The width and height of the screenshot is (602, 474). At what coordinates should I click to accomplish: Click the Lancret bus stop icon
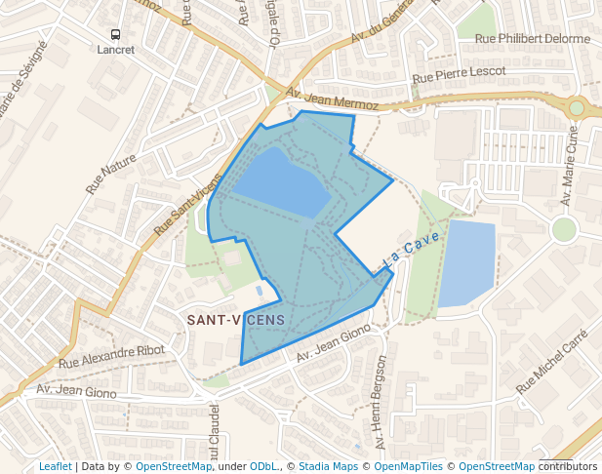[116, 34]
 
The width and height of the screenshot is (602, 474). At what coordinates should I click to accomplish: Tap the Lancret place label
[116, 49]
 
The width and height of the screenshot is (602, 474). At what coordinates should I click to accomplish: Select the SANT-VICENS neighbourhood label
[235, 320]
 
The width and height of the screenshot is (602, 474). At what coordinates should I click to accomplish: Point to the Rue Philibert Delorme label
[533, 39]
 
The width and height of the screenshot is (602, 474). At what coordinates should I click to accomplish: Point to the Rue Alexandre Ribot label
[111, 356]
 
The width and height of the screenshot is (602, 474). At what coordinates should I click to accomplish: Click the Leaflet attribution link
[56, 466]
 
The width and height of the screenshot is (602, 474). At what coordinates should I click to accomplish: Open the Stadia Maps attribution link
[328, 466]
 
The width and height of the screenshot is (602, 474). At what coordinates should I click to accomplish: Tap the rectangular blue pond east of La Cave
[467, 263]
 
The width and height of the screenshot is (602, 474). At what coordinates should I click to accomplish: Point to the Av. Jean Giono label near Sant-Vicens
[334, 346]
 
